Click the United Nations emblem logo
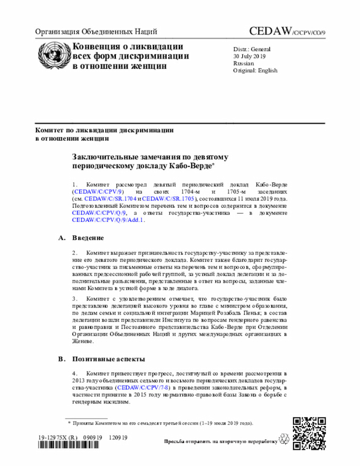[x=52, y=56]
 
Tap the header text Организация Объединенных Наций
[x=96, y=32]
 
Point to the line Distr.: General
[x=252, y=49]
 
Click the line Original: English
[x=255, y=70]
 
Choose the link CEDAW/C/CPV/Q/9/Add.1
[x=108, y=220]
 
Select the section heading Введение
[x=88, y=238]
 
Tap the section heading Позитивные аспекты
[x=109, y=359]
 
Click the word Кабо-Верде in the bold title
[x=189, y=167]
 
